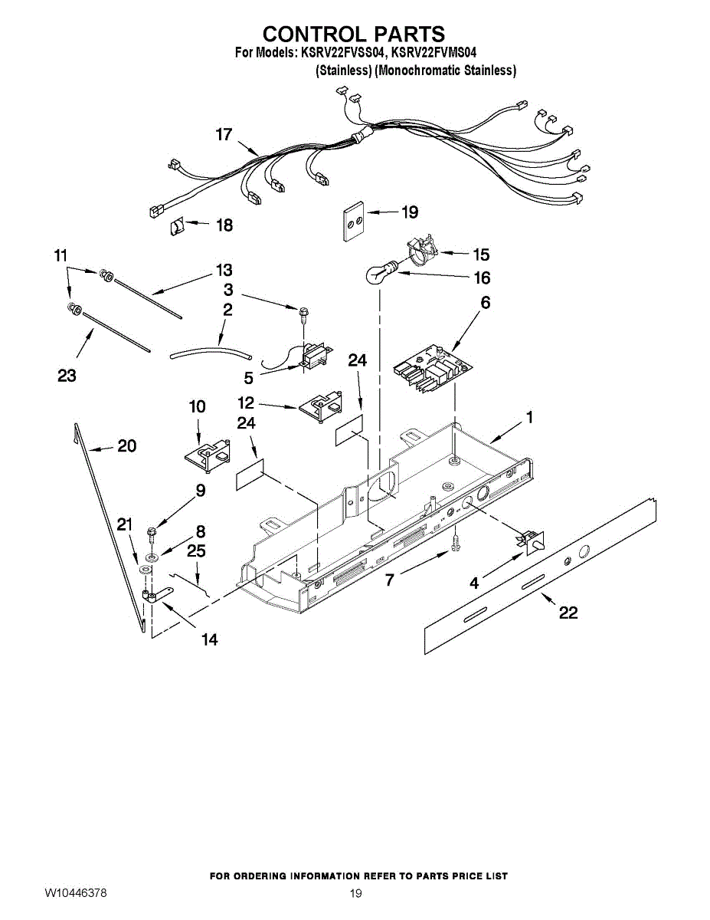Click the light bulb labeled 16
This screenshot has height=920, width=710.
tap(377, 274)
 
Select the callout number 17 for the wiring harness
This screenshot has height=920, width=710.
tap(223, 135)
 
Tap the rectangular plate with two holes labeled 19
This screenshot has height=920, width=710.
tap(352, 222)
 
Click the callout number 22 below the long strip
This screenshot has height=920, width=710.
tap(568, 613)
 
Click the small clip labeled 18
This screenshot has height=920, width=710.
tap(176, 228)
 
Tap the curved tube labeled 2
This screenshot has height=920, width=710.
tap(211, 353)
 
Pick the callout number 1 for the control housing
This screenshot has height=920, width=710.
tap(528, 418)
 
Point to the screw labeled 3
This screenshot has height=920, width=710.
tap(304, 313)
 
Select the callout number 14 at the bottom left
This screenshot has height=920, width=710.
tap(209, 639)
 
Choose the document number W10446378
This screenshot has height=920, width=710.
tap(75, 894)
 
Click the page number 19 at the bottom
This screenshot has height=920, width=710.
tap(355, 894)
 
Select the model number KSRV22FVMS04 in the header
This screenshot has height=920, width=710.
tap(434, 53)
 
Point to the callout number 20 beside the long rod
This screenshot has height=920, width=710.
tap(126, 445)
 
